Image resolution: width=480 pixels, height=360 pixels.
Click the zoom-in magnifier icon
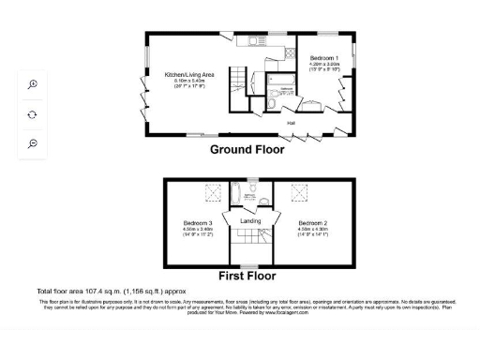[33, 84]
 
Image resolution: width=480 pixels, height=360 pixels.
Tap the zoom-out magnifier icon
[33, 142]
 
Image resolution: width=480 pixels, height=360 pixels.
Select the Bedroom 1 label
[323, 58]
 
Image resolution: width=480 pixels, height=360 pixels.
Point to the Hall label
[291, 122]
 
